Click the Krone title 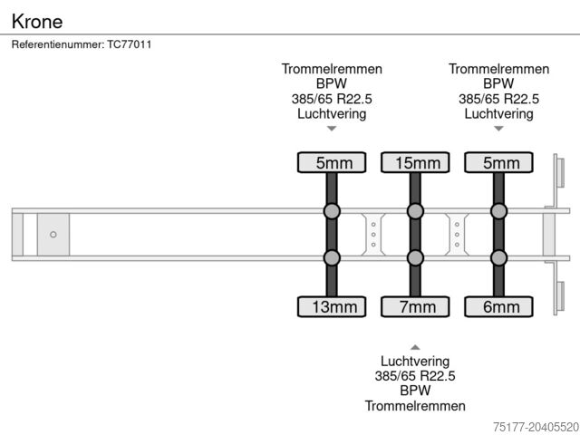coord(37,20)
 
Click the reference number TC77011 coord(82,43)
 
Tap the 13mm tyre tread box coord(332,307)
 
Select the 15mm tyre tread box coord(415,163)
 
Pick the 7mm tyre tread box coord(415,307)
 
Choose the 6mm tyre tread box coord(498,307)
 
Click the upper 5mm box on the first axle coord(332,163)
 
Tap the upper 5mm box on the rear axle coord(498,163)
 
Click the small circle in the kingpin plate coord(53,235)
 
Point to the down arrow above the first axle coord(332,129)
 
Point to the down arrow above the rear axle coord(498,129)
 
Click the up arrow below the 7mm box coord(415,346)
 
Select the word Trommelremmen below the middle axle coord(415,406)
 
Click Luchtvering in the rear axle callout coord(498,113)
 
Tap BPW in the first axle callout coord(332,83)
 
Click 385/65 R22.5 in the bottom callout coord(415,375)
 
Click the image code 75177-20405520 coord(534,424)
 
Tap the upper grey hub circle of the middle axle coord(415,212)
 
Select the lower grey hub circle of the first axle coord(332,257)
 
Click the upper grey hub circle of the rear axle coord(498,212)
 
